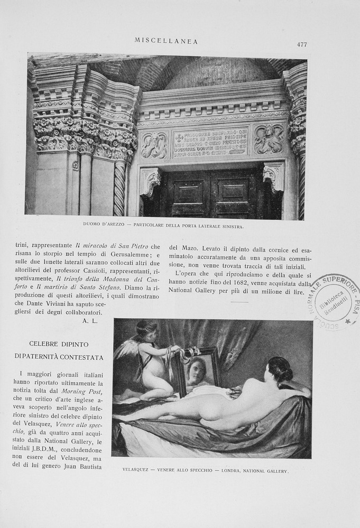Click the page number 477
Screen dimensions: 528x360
click(302, 44)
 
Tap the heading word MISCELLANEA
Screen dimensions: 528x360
click(166, 41)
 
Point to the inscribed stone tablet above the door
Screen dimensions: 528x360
click(210, 142)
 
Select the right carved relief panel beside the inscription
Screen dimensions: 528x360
click(269, 139)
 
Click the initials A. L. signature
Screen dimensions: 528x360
click(90, 320)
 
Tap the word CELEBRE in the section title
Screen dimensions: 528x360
click(47, 344)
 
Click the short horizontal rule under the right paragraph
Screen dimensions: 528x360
click(239, 302)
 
